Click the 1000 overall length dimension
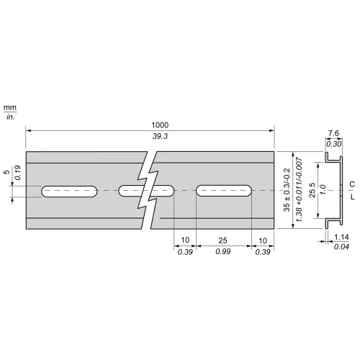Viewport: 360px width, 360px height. (160, 125)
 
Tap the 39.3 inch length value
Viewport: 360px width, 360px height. (160, 136)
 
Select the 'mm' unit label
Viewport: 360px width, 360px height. (10, 108)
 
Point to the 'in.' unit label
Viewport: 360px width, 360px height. (10, 117)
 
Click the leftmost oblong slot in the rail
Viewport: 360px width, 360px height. (69, 192)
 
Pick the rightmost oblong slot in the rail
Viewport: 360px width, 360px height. (224, 191)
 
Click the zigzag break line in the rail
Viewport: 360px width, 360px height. (148, 190)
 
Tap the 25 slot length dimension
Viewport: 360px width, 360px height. (222, 240)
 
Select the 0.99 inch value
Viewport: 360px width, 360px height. (223, 251)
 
